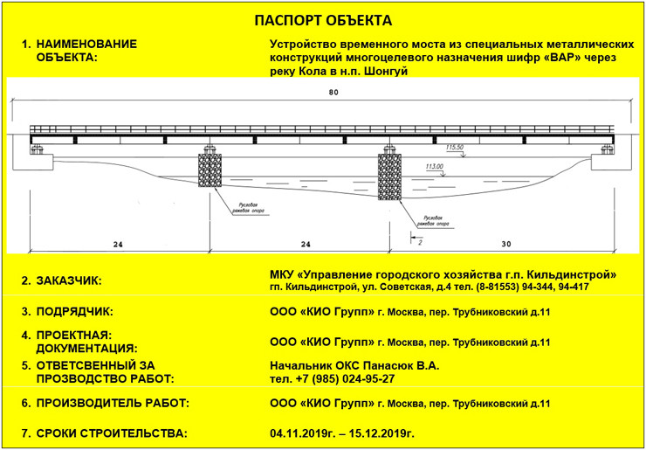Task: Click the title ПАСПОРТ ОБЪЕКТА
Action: [322, 19]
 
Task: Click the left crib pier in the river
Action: [210, 167]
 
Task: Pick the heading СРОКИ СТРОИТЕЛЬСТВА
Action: [111, 433]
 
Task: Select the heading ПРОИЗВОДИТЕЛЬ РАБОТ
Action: [113, 404]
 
